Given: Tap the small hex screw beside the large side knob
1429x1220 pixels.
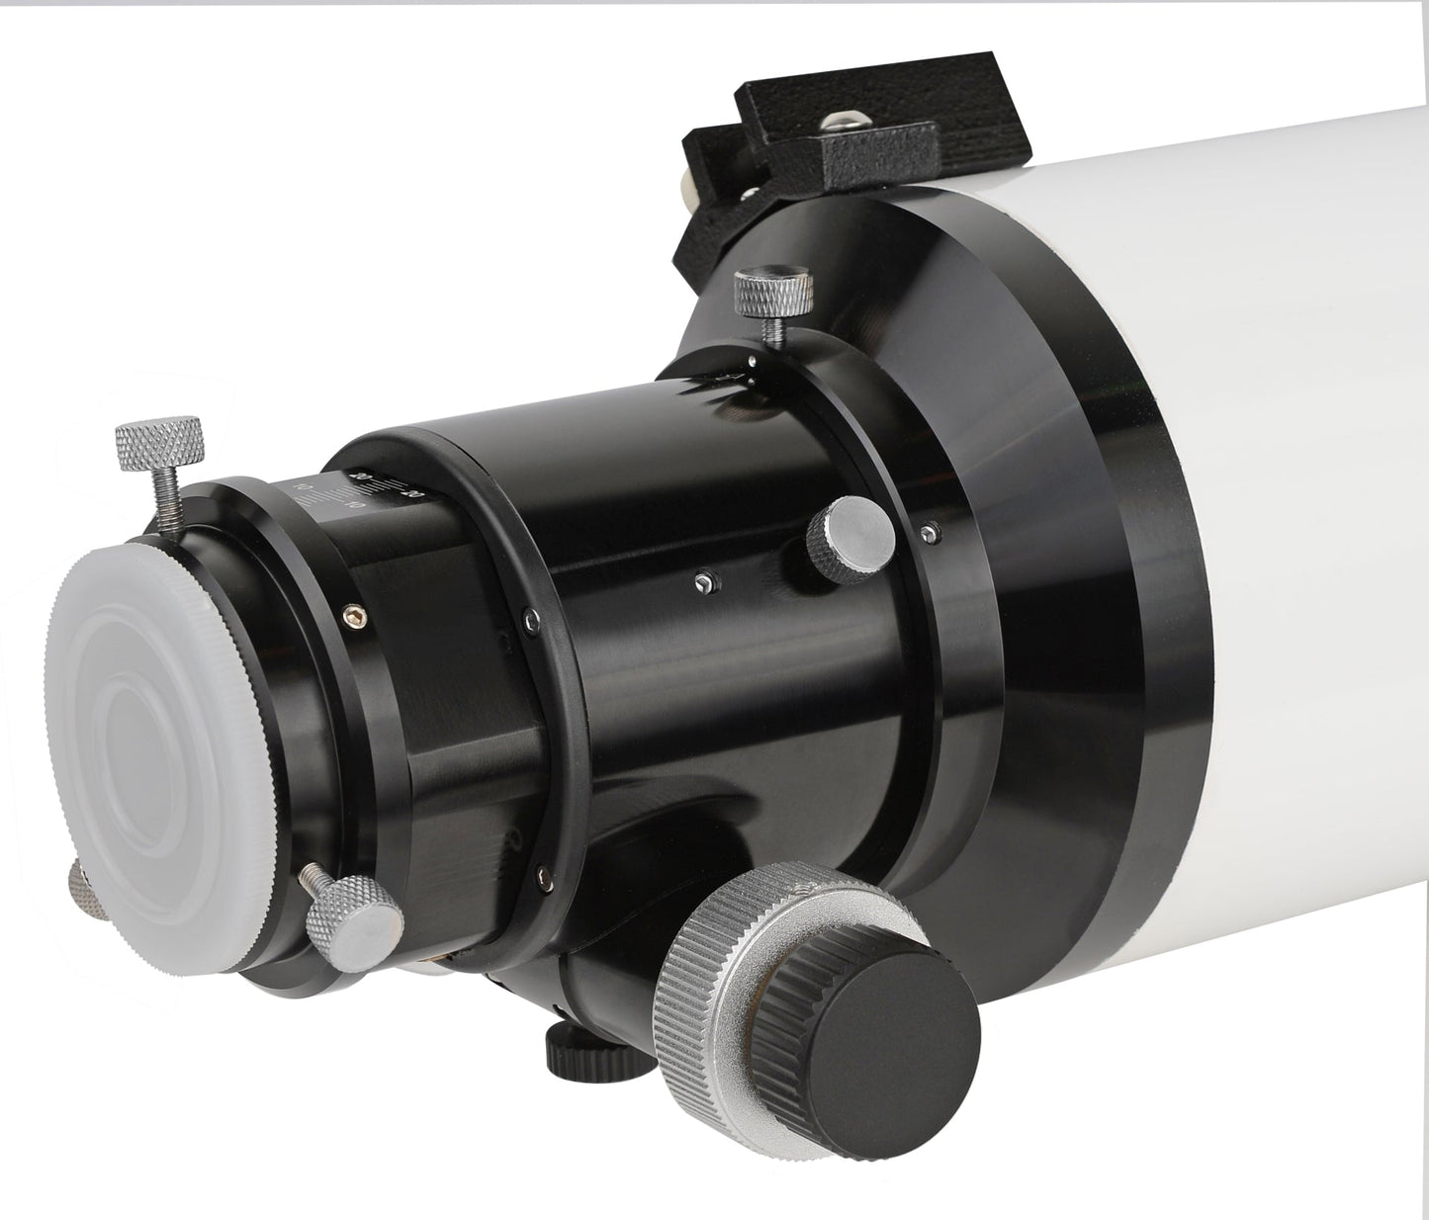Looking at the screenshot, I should pos(928,534).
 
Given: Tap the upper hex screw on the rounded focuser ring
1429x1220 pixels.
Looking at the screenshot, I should pos(530,620).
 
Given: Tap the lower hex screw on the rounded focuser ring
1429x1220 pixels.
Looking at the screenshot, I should pos(542,870).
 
